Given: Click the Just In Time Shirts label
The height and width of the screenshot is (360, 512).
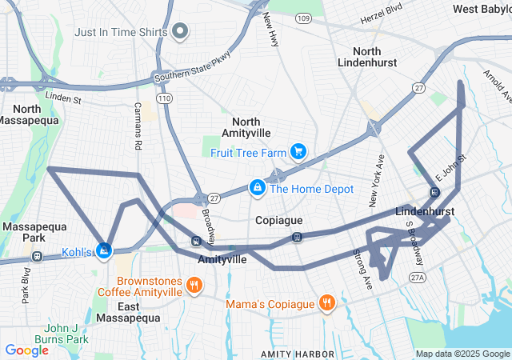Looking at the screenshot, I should pos(121,33).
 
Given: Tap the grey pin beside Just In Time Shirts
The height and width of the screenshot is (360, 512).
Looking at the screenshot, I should pos(180,33).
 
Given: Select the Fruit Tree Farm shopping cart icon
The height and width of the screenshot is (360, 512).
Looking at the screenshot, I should pos(298,150).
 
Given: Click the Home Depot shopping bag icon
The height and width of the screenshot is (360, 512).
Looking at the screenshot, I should pos(257,188).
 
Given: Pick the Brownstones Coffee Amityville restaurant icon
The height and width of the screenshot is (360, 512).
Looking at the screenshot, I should pos(193,286).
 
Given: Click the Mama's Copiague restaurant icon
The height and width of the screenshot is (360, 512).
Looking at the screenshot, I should pos(326,303).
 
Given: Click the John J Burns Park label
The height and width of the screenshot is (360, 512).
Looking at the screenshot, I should pos(66,334).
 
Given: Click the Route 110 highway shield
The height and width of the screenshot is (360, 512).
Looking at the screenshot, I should pos(163,98).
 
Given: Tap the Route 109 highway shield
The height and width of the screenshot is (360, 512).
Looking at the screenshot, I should pos(302,18).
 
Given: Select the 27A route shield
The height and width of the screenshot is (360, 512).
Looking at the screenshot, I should pos(417,277).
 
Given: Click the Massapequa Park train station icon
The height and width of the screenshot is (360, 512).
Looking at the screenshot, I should pos(37,256).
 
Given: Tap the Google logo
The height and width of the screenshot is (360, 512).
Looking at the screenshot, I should pos(26,350).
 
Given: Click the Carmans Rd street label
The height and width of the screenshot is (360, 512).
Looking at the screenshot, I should pos(138,126).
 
